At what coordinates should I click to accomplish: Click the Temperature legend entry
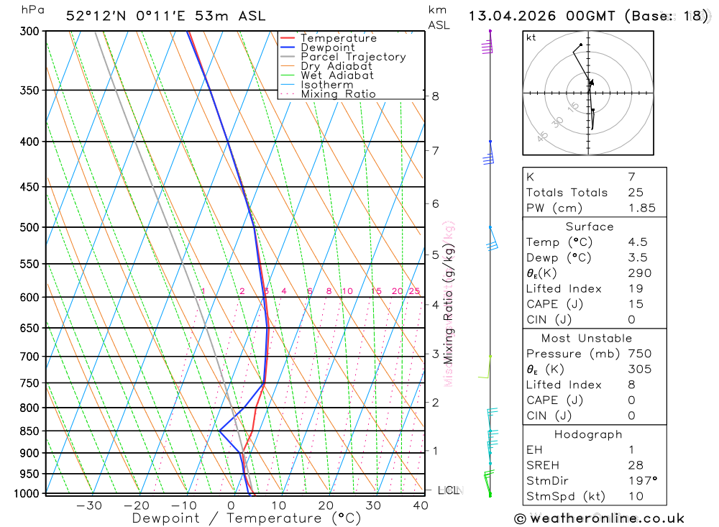pos(338,38)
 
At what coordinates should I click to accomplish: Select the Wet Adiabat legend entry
pos(336,75)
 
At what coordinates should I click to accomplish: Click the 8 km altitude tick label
pos(436,96)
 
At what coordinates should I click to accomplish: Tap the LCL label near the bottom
pos(448,490)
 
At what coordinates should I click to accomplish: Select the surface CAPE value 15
pos(635,304)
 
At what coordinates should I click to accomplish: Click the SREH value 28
pos(635,465)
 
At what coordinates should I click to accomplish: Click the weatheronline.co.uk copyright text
pos(600,518)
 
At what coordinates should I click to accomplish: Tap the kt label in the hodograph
pos(531,38)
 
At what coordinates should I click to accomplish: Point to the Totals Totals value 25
pos(635,193)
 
